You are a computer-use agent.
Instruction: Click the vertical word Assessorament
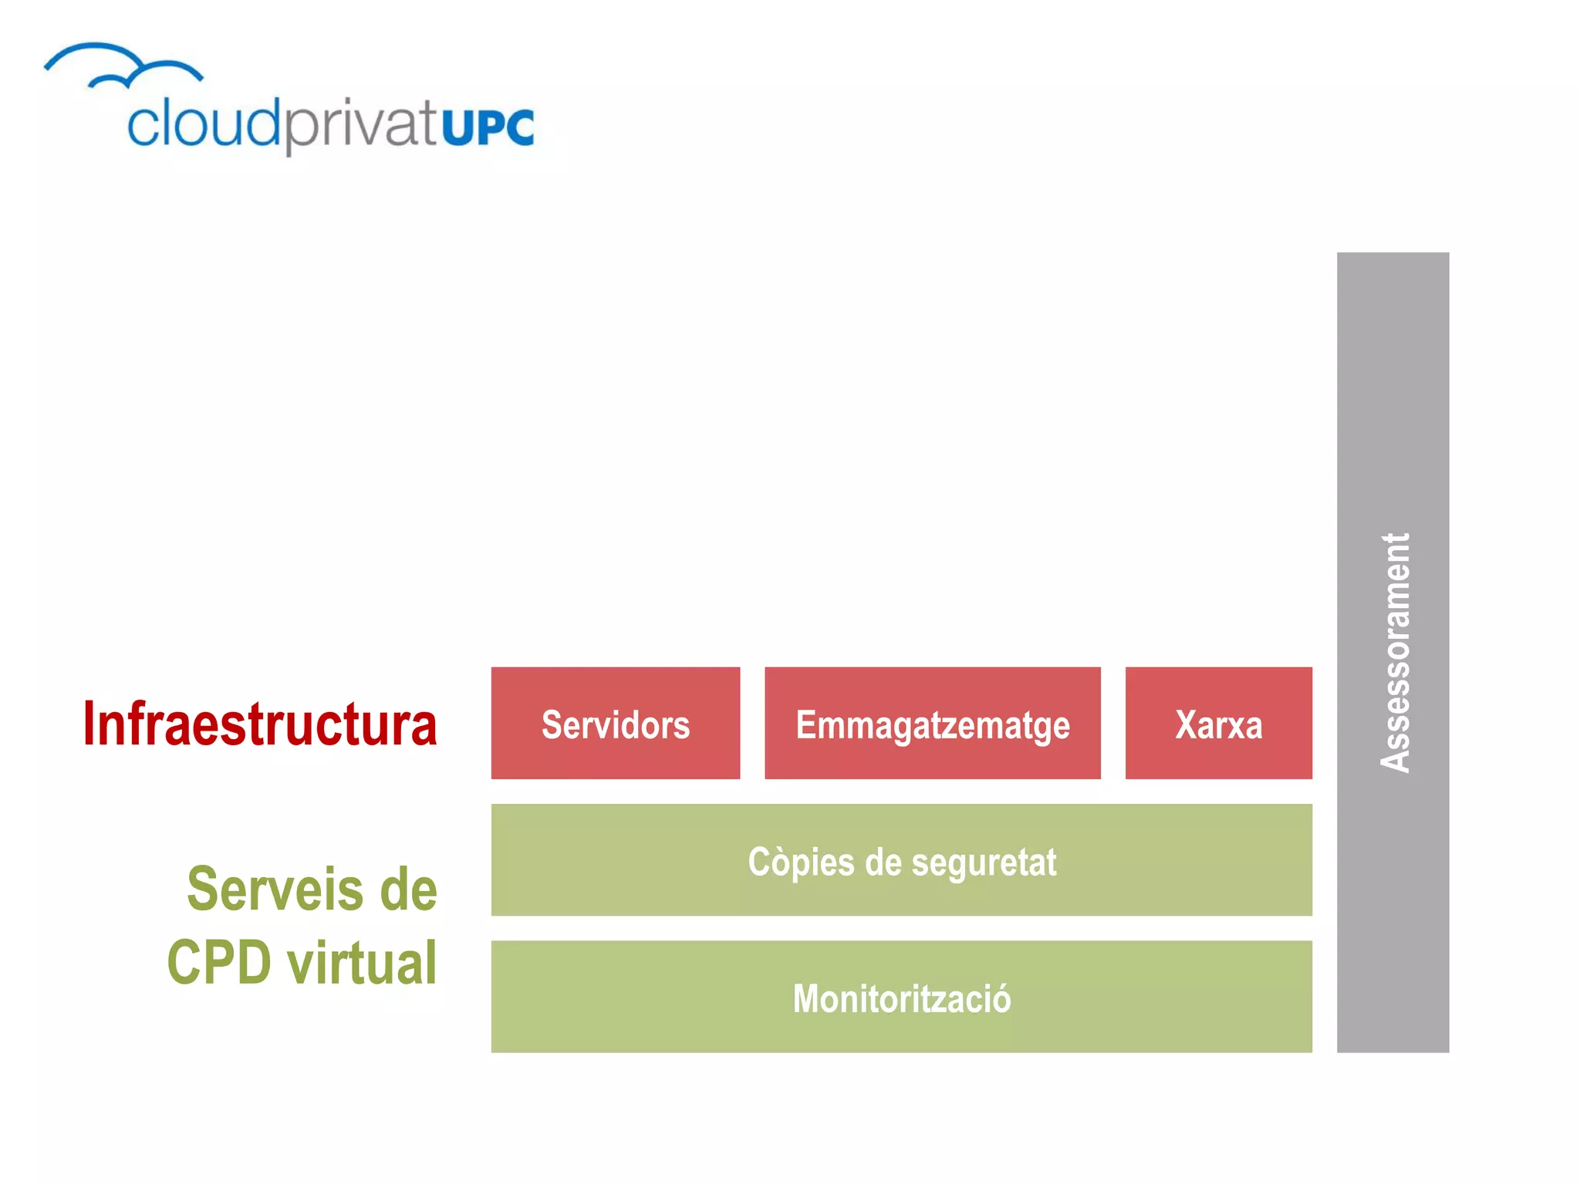[1394, 653]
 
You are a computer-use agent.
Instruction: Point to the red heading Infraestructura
[260, 724]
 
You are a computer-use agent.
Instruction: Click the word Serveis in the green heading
[275, 890]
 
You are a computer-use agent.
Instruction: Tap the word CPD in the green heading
[219, 963]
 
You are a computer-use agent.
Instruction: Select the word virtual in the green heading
[362, 963]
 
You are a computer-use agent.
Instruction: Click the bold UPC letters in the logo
[488, 127]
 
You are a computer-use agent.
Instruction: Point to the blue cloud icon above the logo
[123, 66]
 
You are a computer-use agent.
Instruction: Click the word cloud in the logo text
[203, 123]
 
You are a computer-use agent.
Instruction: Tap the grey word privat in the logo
[361, 126]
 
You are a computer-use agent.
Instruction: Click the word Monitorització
[901, 998]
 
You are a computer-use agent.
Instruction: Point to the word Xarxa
[1218, 725]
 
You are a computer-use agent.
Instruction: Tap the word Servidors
[616, 725]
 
